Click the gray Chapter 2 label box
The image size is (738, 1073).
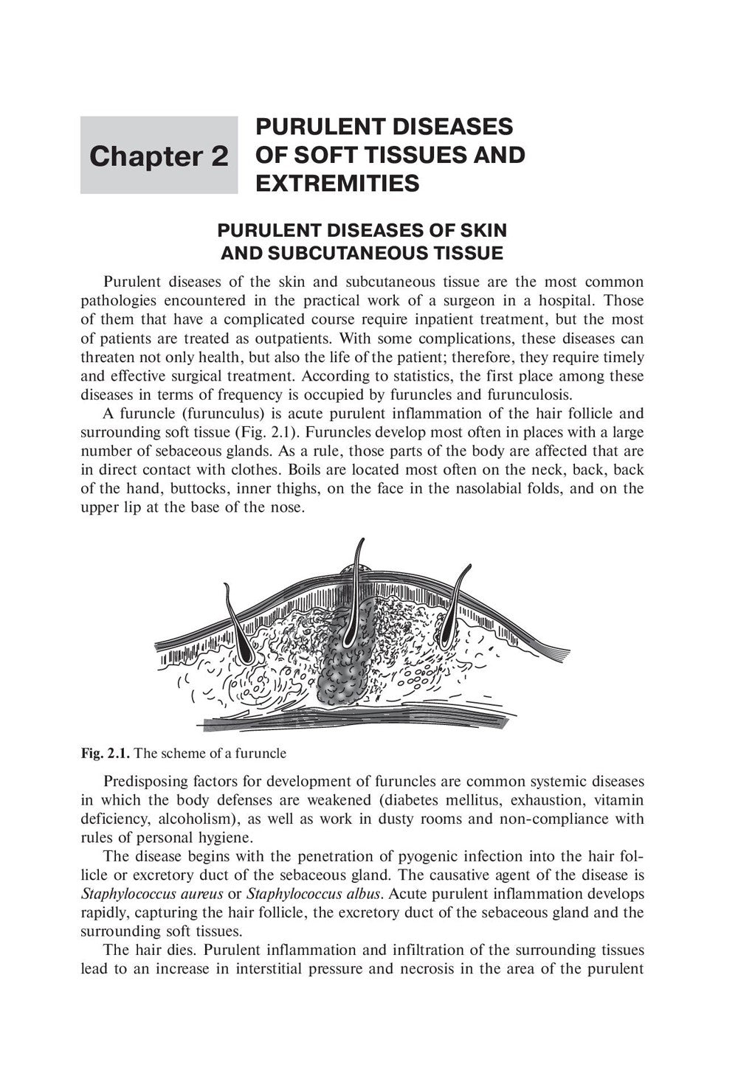pos(159,156)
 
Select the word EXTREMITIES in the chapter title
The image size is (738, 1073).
pos(337,183)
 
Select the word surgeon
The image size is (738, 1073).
pos(486,300)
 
